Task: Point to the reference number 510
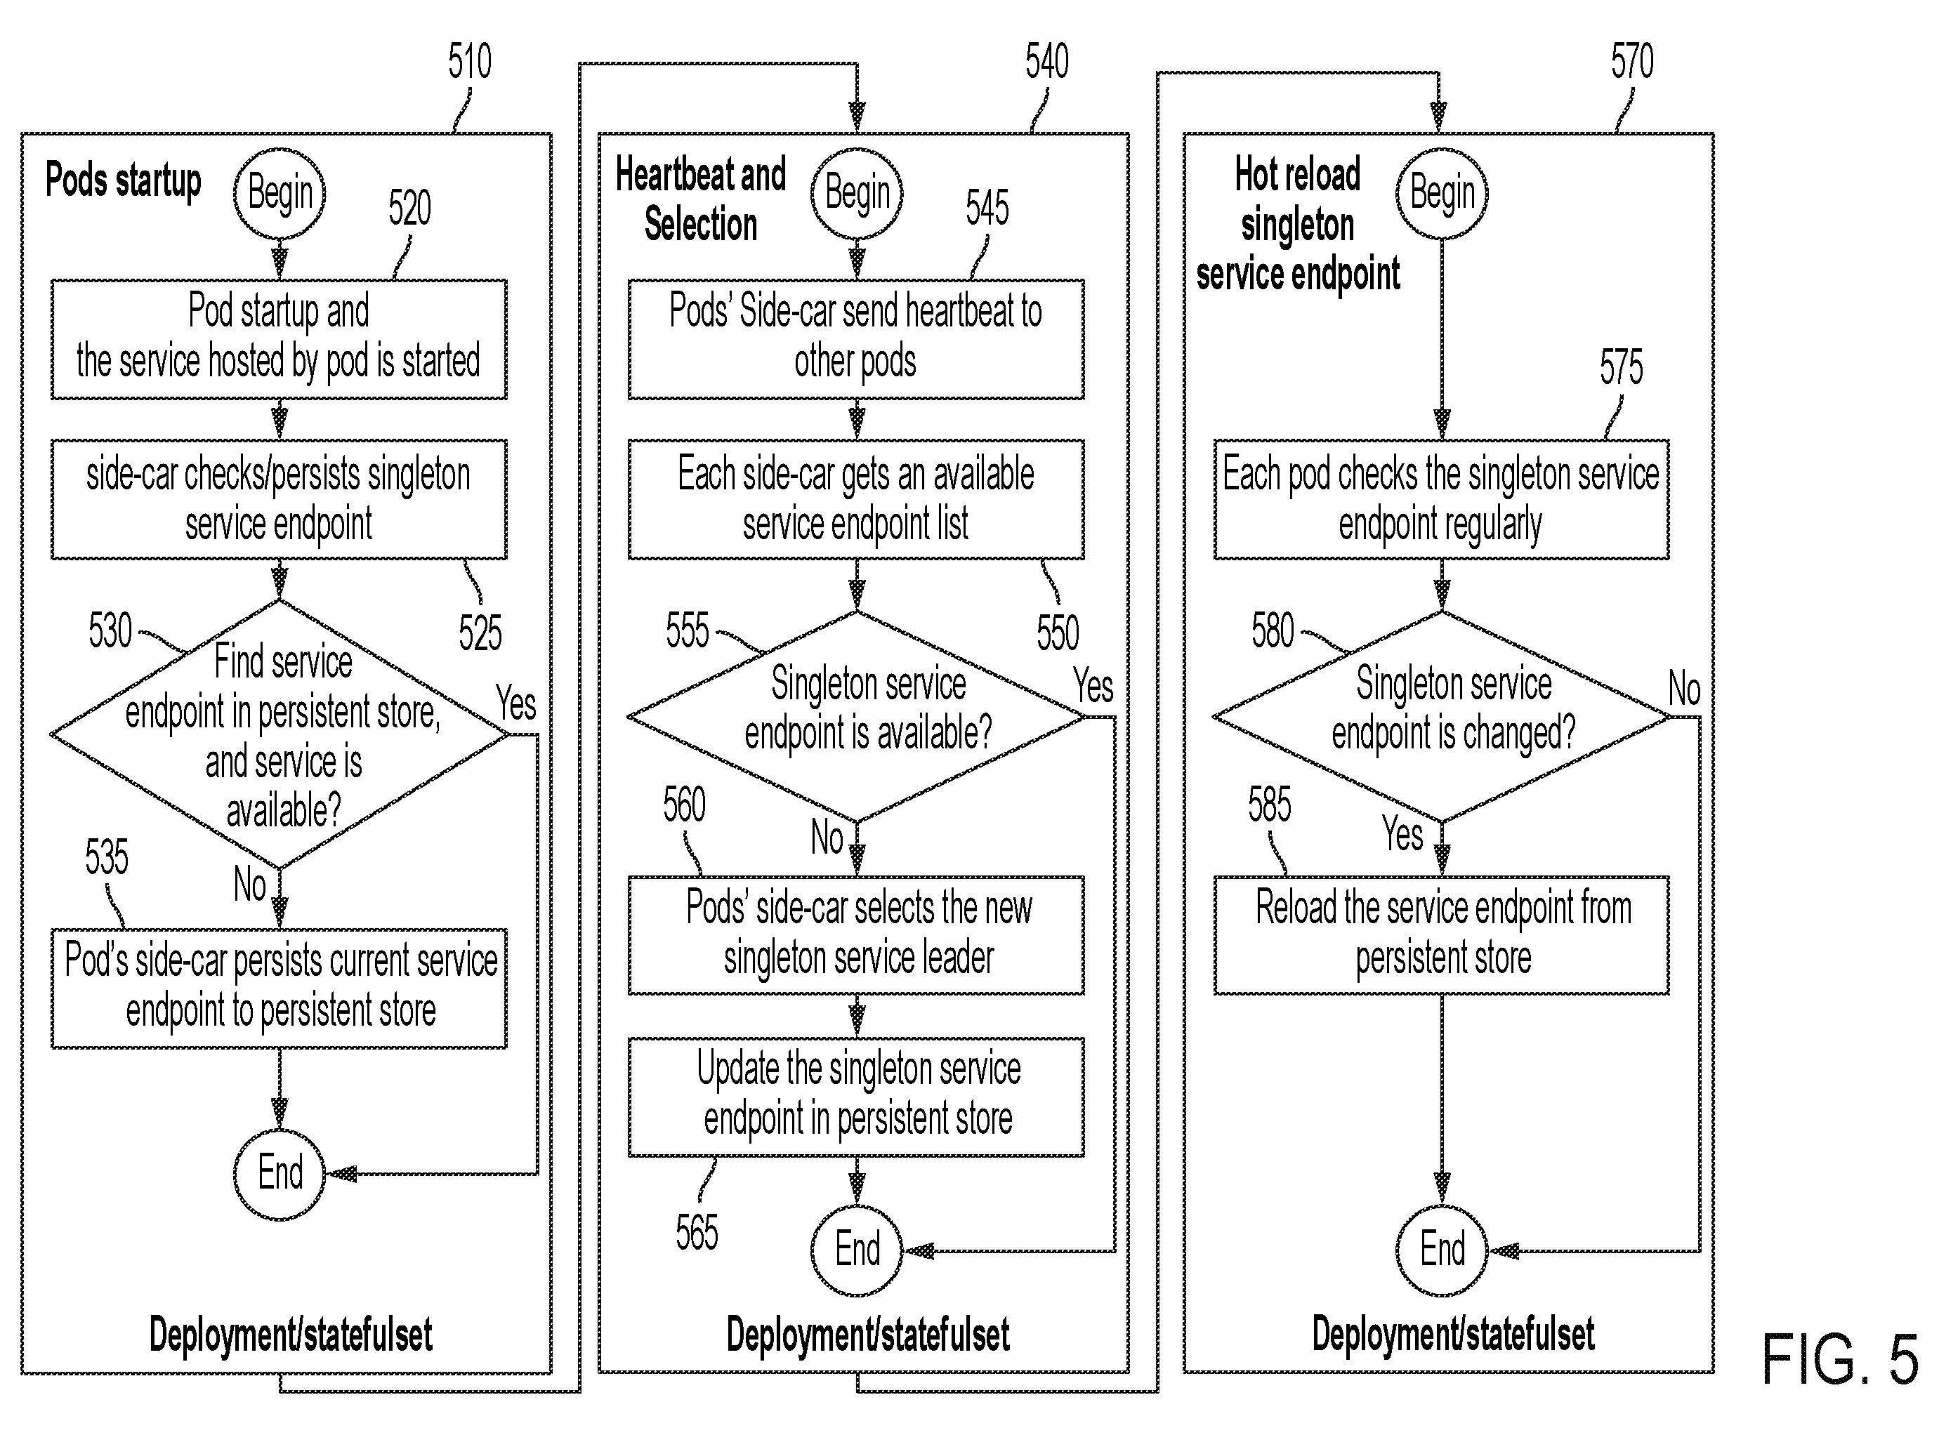tap(470, 62)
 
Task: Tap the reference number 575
tap(1621, 367)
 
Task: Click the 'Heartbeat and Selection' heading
tap(700, 199)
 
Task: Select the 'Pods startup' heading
tap(124, 180)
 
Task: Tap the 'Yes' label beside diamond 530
tap(516, 703)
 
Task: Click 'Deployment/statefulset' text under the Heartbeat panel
tap(868, 1334)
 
